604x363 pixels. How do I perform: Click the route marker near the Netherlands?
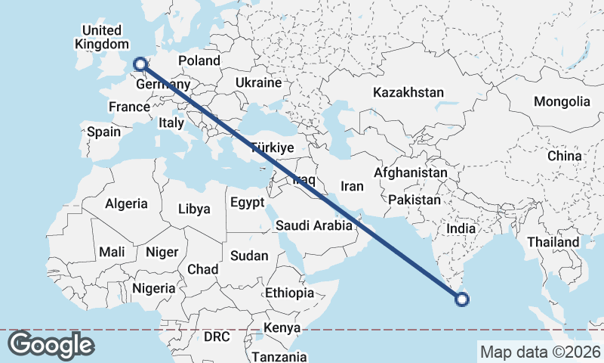[x=139, y=65]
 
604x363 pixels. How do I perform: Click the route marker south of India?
[x=463, y=300]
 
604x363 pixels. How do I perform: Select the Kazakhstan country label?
[x=408, y=92]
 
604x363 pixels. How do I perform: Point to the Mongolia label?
[x=562, y=101]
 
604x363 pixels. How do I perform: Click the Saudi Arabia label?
[x=313, y=225]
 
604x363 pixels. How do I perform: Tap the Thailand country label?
[x=553, y=242]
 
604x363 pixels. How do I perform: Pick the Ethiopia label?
[x=289, y=293]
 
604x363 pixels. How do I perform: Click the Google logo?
[x=51, y=345]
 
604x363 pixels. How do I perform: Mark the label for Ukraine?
[x=258, y=82]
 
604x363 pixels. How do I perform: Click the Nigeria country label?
[x=153, y=288]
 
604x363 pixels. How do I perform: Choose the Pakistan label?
[x=414, y=200]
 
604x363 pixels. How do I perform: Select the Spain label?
[x=103, y=132]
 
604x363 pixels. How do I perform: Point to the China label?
[x=565, y=156]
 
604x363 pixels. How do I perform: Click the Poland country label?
[x=199, y=60]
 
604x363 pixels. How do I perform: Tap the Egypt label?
[x=247, y=203]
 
